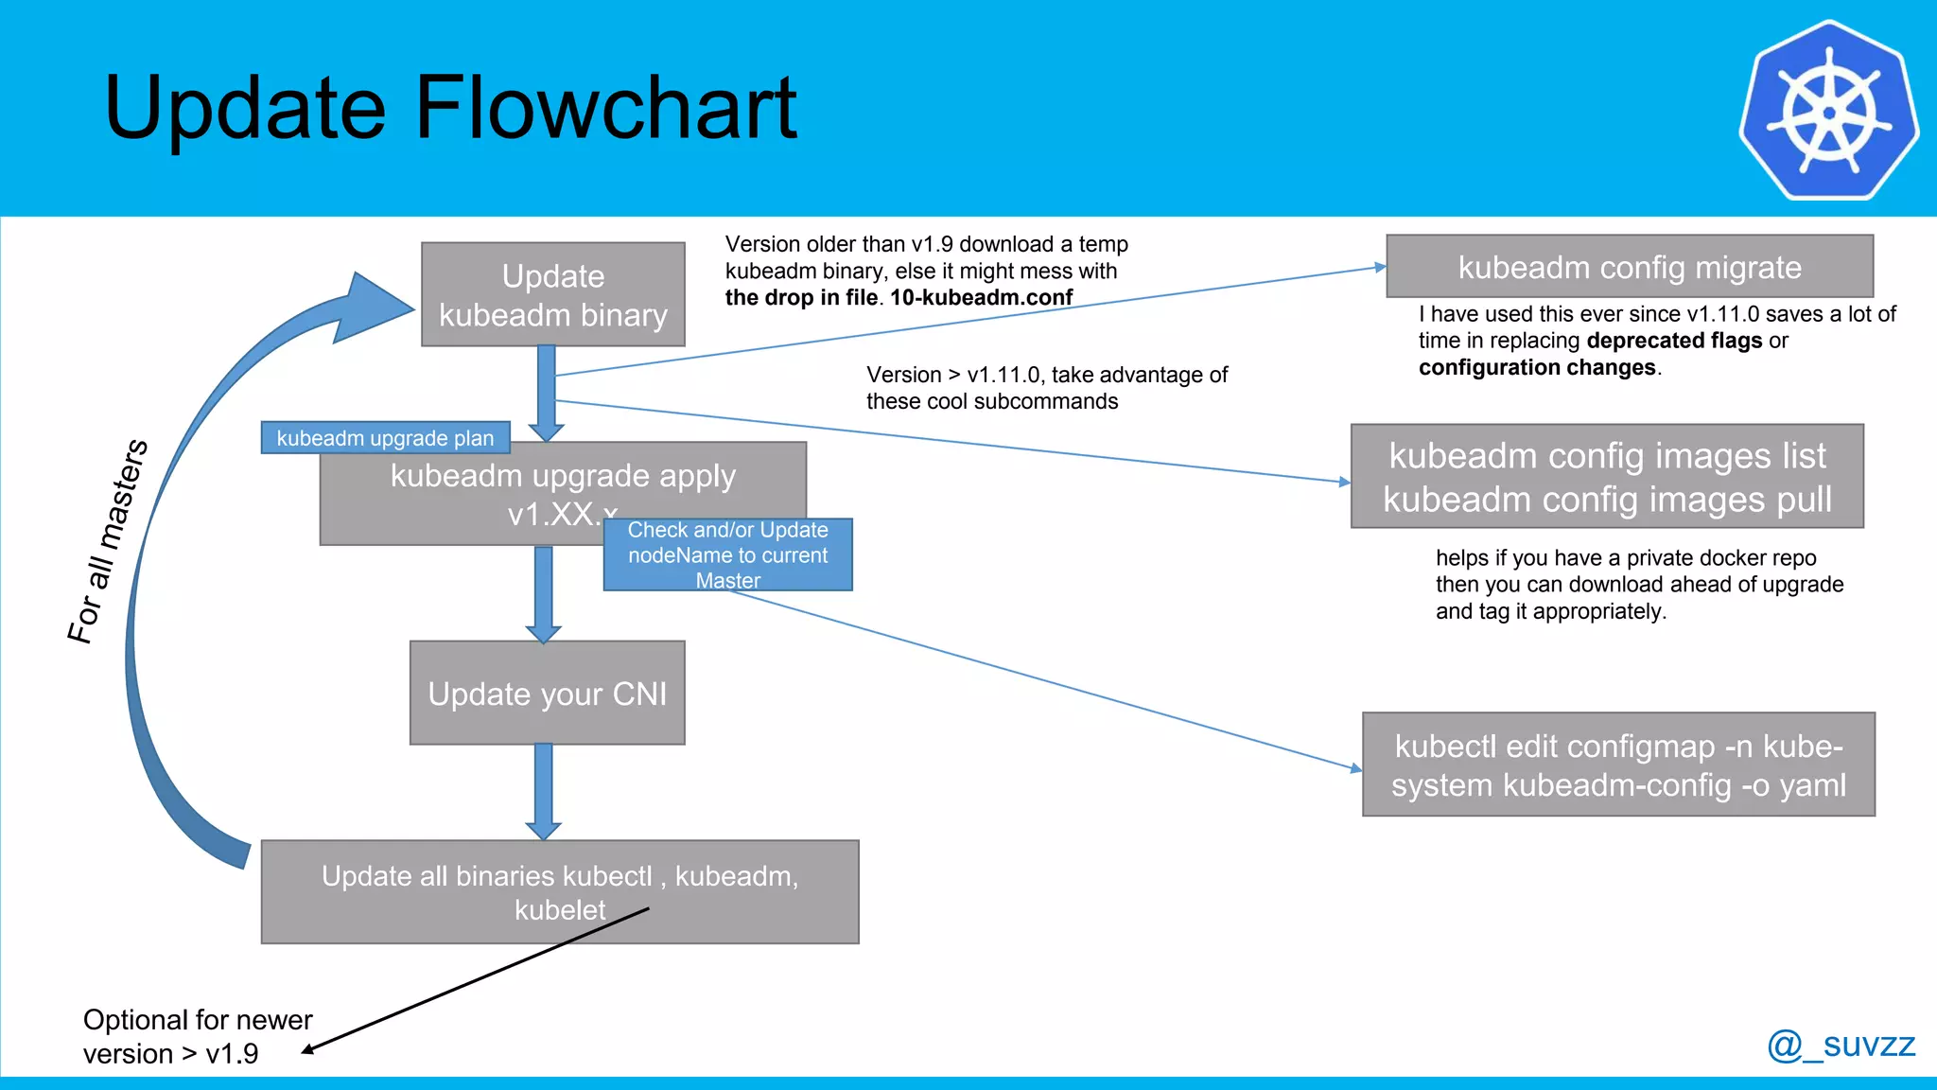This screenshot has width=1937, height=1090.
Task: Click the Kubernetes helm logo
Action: point(1828,111)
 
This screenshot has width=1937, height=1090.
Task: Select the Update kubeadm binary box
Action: point(552,294)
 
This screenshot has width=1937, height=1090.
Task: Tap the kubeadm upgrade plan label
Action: point(385,438)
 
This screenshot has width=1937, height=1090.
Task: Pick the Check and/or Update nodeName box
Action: point(727,554)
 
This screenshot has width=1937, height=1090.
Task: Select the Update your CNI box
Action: point(547,694)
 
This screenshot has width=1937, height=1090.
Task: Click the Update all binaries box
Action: point(559,891)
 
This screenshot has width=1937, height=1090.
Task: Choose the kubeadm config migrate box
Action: point(1629,267)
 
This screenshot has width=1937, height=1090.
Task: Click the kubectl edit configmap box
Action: point(1617,765)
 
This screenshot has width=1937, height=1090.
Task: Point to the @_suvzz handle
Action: point(1841,1045)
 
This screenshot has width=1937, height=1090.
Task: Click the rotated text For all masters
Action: point(107,541)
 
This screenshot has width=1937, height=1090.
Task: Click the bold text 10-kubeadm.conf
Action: point(981,297)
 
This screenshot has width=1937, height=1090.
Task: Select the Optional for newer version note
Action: point(197,1036)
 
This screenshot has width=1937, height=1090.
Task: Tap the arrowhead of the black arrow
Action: point(307,1049)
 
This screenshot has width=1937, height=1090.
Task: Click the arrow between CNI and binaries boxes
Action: point(543,791)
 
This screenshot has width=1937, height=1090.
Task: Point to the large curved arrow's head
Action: point(374,307)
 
